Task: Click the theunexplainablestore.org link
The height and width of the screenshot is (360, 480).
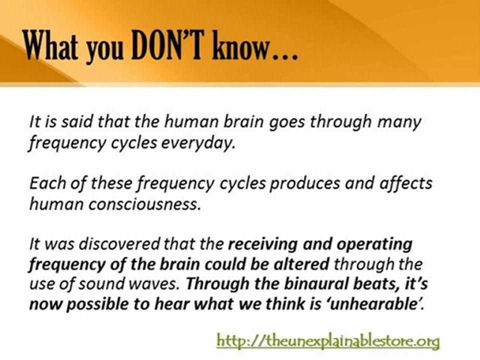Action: click(328, 340)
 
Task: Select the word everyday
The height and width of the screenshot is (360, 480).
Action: click(198, 143)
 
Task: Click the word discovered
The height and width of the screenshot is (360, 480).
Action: click(119, 244)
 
